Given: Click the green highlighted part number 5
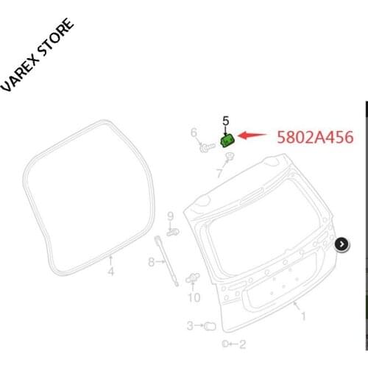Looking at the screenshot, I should click(228, 138).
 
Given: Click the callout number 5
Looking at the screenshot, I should click(226, 120).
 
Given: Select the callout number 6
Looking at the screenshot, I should click(194, 133).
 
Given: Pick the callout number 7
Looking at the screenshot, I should click(219, 174).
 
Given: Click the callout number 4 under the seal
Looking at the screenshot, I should click(111, 272).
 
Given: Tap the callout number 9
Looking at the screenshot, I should click(170, 216).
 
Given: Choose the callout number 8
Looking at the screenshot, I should click(152, 261).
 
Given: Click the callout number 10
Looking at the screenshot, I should click(194, 297).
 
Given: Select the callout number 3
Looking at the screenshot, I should click(190, 325).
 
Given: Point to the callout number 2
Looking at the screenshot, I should click(242, 344).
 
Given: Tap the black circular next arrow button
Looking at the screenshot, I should click(342, 244).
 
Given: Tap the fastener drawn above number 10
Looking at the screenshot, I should click(194, 279).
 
